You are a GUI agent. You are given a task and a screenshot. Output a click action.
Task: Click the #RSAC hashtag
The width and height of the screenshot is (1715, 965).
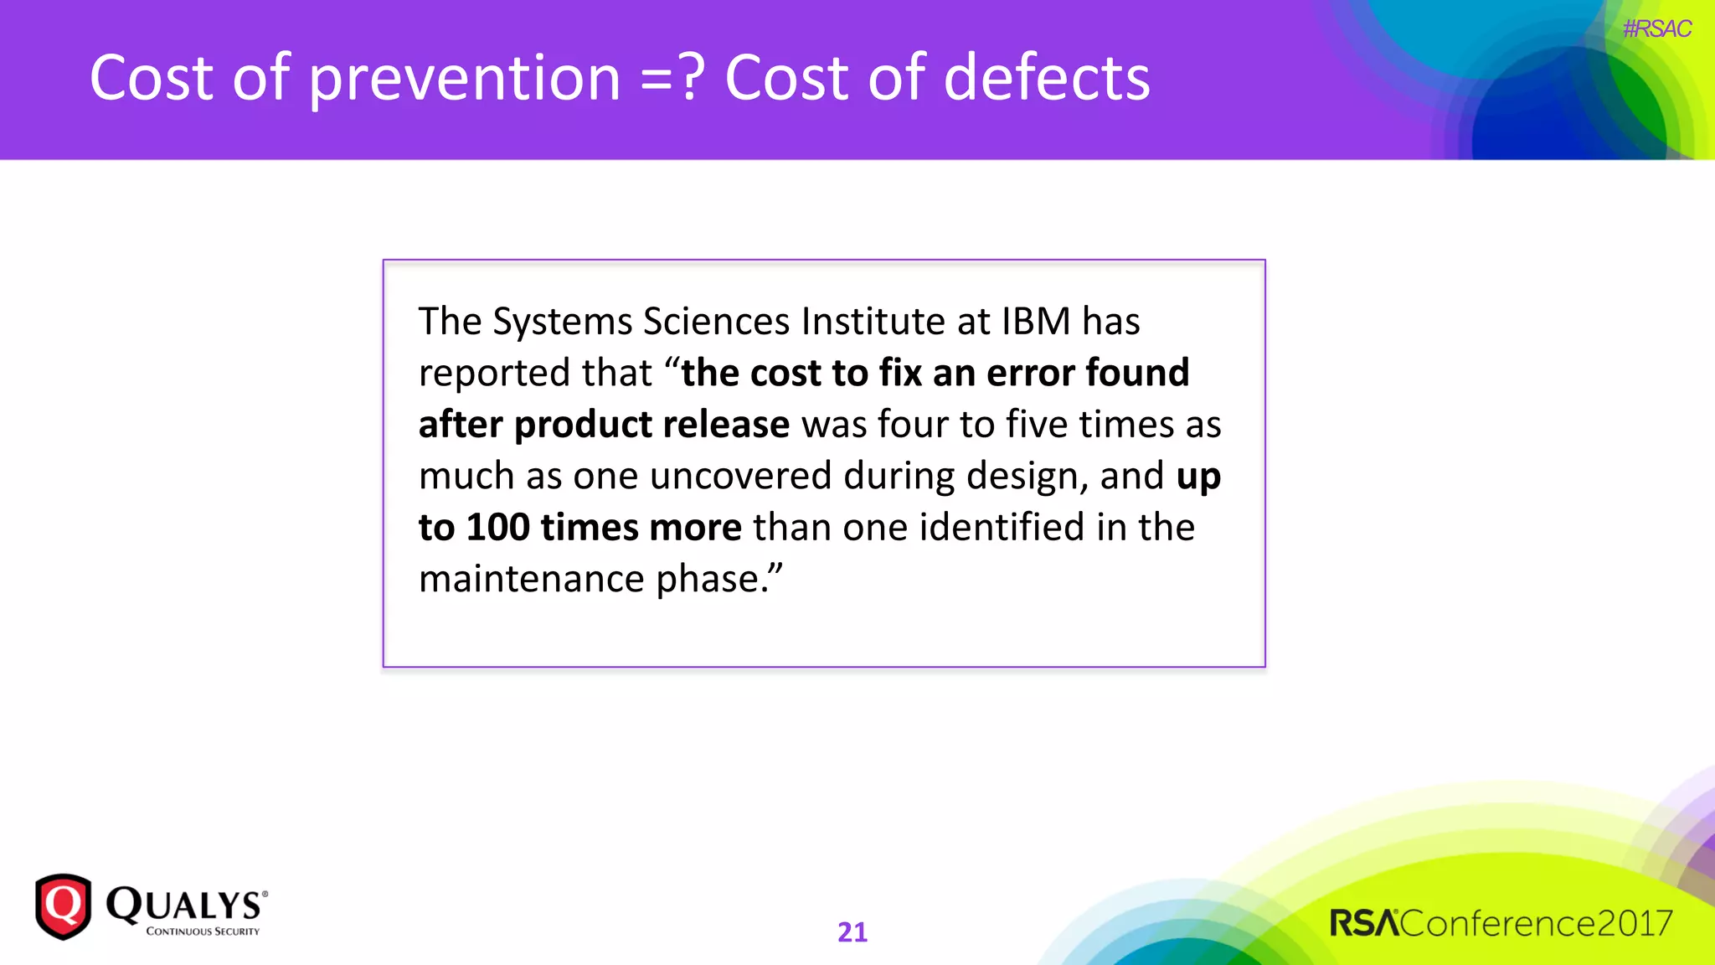pos(1656,28)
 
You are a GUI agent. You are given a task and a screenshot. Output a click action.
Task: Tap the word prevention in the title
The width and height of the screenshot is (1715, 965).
pos(465,79)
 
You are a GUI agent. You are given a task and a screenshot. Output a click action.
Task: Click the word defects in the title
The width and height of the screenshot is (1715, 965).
pos(1047,77)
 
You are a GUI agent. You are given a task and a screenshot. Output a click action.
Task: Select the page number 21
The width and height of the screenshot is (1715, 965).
pos(852,931)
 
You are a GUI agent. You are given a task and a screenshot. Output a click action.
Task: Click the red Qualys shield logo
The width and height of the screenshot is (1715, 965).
pos(63,906)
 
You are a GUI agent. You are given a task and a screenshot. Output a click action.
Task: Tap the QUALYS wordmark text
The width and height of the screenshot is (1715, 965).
pos(184,904)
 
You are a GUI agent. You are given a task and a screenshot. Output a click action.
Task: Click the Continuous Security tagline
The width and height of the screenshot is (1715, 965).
pos(203,931)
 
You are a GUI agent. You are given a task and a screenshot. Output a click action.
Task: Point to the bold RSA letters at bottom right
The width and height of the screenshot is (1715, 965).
pos(1364,923)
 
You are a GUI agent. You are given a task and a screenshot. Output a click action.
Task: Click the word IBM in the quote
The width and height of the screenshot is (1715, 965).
pos(1036,321)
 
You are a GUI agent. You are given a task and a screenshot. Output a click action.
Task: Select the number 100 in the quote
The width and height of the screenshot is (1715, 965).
pos(497,527)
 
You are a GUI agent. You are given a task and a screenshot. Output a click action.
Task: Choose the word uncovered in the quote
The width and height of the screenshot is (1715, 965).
pos(740,476)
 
